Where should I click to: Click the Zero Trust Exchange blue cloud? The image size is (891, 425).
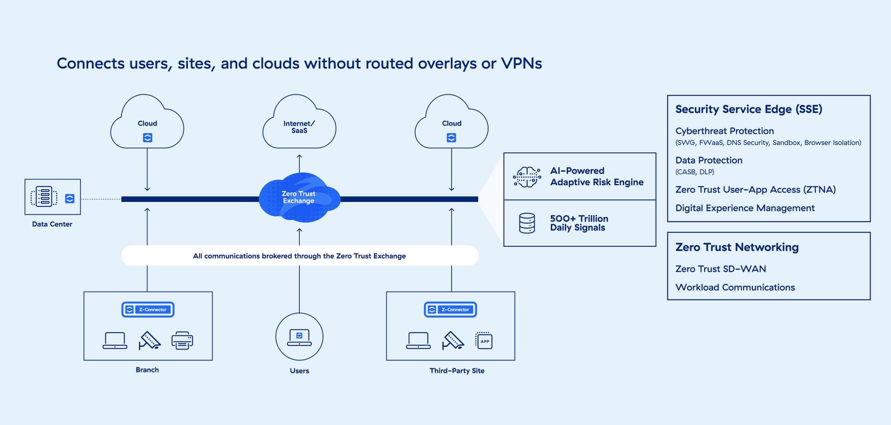point(299,198)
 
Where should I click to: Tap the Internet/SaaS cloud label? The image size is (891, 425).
point(299,127)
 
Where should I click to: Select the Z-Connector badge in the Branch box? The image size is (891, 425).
point(148,309)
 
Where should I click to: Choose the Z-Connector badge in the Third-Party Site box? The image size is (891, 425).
point(450,309)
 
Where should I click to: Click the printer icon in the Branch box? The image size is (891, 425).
point(182,341)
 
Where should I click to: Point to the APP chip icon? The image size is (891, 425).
point(484,341)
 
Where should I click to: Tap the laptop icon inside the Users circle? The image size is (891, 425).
point(299,337)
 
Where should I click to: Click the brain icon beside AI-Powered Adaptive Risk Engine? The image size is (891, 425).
point(527,177)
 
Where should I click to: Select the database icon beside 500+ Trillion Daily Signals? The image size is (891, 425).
point(527,223)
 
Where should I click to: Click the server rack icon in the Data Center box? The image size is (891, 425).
point(44,197)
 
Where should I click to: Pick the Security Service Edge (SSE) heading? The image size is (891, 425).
point(749,109)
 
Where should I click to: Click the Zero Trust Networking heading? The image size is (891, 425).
point(737,247)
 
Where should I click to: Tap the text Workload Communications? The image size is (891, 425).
point(735,288)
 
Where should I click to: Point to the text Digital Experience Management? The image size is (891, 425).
point(745,208)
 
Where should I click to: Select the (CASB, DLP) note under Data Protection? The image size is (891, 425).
point(695,172)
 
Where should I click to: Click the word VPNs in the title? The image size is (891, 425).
point(521,64)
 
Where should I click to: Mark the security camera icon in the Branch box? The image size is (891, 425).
point(149,341)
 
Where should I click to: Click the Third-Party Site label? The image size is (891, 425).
point(457,371)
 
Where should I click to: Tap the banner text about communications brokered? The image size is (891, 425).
point(299,256)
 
